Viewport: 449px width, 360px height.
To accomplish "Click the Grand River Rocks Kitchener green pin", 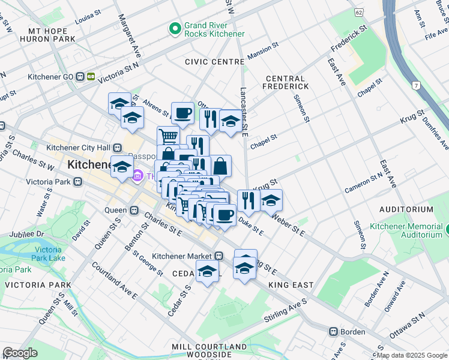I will point(175,28).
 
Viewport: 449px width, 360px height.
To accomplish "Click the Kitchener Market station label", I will point(187,256).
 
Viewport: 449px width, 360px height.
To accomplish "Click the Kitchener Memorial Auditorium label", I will point(408,230).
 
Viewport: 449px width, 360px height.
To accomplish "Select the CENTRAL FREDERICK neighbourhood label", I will point(287,83).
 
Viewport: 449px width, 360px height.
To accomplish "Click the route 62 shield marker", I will point(358,12).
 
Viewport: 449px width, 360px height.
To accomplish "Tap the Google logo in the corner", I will point(20,353).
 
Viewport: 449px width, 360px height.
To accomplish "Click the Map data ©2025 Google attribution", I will point(412,355).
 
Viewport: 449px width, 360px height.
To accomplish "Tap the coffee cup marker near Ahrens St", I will point(182,112).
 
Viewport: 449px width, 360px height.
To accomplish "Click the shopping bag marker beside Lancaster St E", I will point(220,165).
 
